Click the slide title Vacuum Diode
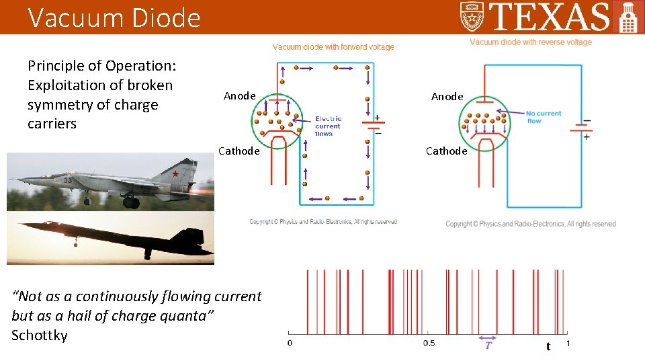114,17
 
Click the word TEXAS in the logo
550,17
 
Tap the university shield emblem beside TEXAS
472,16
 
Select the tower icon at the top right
628,17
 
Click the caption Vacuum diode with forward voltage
333,47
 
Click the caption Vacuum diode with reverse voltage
530,42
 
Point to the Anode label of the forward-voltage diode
239,96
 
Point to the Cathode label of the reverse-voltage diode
446,151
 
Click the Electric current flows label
328,126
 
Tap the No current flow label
543,117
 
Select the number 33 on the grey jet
67,180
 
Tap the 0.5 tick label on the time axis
428,344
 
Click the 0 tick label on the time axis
290,344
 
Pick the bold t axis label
548,346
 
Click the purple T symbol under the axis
488,345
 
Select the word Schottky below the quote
40,335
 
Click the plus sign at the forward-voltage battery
377,118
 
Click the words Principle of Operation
101,66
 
